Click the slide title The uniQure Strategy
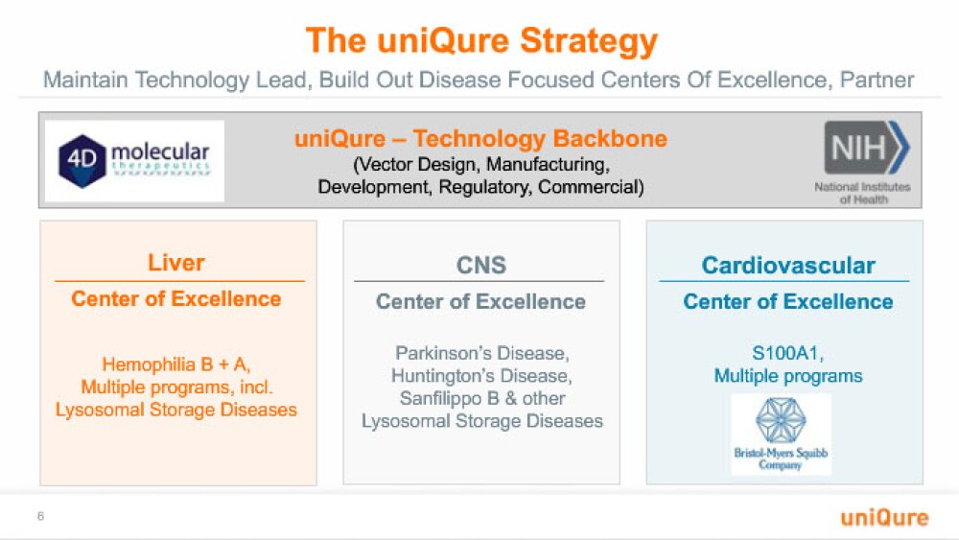click(481, 41)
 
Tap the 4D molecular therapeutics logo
click(134, 161)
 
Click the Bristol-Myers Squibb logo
click(781, 434)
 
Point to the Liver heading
click(176, 263)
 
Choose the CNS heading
click(481, 266)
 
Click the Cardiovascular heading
click(788, 266)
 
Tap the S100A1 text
click(787, 353)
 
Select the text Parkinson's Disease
click(482, 353)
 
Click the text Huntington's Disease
click(482, 375)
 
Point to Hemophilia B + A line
click(176, 364)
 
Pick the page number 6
click(40, 516)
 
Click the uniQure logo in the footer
click(884, 517)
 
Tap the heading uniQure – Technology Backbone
click(480, 139)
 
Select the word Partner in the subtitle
click(877, 80)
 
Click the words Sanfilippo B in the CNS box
click(450, 398)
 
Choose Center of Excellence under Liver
click(176, 298)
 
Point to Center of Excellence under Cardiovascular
click(788, 301)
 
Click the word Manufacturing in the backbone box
click(548, 165)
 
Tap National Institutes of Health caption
click(862, 193)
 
